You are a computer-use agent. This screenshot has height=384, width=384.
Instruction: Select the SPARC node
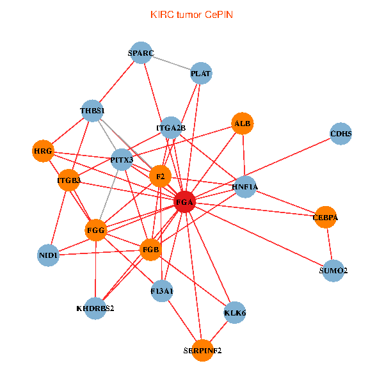pos(140,53)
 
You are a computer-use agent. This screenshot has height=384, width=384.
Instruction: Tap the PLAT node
pos(201,74)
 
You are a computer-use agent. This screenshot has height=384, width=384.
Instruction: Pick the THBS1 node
pos(92,111)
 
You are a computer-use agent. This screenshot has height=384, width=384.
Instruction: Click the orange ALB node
pos(243,123)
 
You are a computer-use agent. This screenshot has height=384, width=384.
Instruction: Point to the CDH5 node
pos(340,134)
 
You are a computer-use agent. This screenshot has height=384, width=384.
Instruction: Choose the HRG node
pos(43,151)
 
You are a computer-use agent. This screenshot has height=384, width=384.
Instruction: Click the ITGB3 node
pos(68,180)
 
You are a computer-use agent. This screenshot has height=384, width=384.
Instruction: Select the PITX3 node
pos(122,159)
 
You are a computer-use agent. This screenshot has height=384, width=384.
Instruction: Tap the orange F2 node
pos(160,176)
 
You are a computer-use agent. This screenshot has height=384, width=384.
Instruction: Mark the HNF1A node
pos(244,187)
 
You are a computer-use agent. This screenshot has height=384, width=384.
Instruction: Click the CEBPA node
pos(325,218)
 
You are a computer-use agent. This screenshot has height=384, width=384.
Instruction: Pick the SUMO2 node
pos(333,271)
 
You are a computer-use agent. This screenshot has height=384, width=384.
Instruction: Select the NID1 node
pos(49,255)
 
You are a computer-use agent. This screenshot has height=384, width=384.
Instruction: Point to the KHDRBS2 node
pos(95,308)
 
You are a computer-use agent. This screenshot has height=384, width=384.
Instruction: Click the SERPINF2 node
pos(202,350)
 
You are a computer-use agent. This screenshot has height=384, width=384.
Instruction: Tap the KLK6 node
pos(235,313)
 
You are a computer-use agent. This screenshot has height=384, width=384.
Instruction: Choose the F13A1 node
pos(162,291)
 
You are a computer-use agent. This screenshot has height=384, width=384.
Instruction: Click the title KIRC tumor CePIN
pos(191,14)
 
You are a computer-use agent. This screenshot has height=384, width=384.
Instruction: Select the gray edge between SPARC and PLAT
pos(170,63)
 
